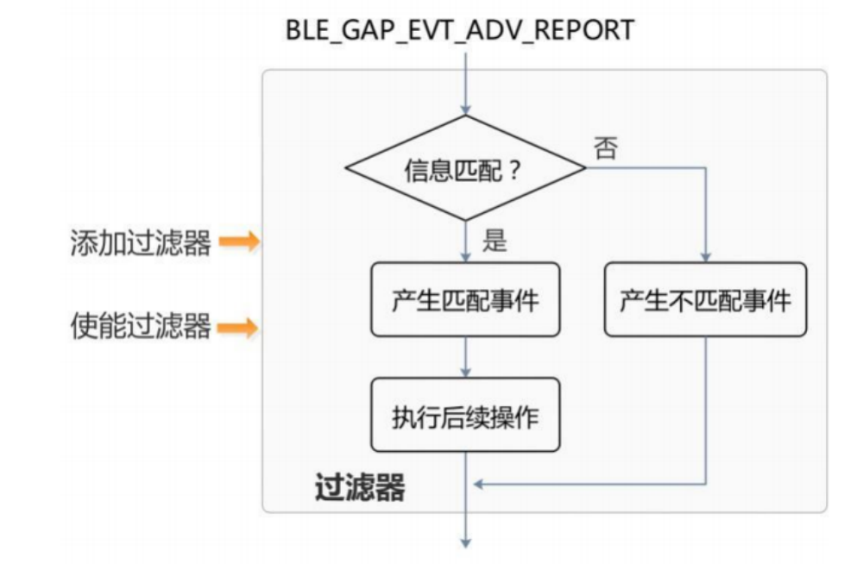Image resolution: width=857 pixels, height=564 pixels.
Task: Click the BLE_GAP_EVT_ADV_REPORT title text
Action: coord(460,29)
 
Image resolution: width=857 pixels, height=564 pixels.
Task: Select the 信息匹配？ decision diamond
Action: coord(465,169)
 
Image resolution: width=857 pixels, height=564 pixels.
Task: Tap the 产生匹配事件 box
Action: coord(465,300)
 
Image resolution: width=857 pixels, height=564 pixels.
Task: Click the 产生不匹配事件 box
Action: coord(705,300)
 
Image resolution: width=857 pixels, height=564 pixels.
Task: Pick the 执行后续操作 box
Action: coord(465,417)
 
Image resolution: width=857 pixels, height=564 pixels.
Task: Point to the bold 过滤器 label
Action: coord(359,488)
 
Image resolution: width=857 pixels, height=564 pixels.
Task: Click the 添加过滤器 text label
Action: coord(141,242)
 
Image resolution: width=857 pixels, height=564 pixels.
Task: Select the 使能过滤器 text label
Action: coord(141,327)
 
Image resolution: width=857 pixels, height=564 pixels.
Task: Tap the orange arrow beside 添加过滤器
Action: coord(238,242)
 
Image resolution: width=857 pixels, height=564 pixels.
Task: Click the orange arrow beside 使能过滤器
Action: coord(238,328)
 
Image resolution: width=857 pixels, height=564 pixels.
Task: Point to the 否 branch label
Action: coord(605,148)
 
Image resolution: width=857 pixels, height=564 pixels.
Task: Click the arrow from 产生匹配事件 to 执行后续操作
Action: coord(465,356)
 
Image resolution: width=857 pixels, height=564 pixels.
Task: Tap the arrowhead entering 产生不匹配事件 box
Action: coord(705,256)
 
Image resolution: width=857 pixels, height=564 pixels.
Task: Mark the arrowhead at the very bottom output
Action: coord(465,542)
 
